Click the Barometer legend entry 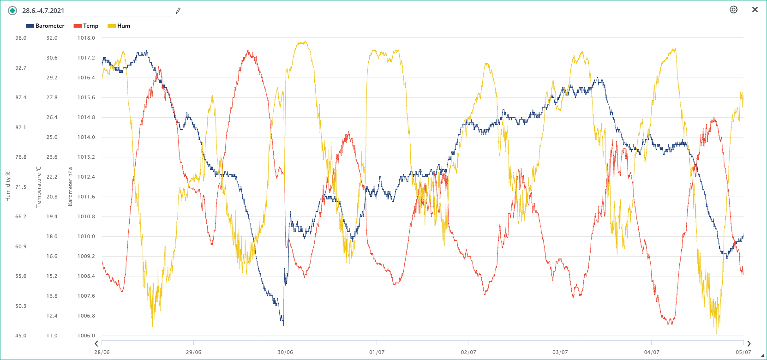(45, 26)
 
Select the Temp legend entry (86, 26)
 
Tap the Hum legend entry (119, 26)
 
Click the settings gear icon (733, 10)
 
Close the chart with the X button (755, 10)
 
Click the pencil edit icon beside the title (178, 11)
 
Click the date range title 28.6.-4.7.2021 (43, 11)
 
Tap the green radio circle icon (12, 11)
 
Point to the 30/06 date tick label (285, 352)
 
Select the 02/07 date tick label (468, 352)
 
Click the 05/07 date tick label (743, 352)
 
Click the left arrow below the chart (96, 343)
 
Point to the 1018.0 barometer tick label (86, 38)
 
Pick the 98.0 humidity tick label (21, 38)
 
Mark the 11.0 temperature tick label (52, 336)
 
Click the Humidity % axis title (7, 186)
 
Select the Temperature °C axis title (39, 186)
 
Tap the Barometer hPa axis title (70, 186)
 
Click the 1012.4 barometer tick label (86, 177)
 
